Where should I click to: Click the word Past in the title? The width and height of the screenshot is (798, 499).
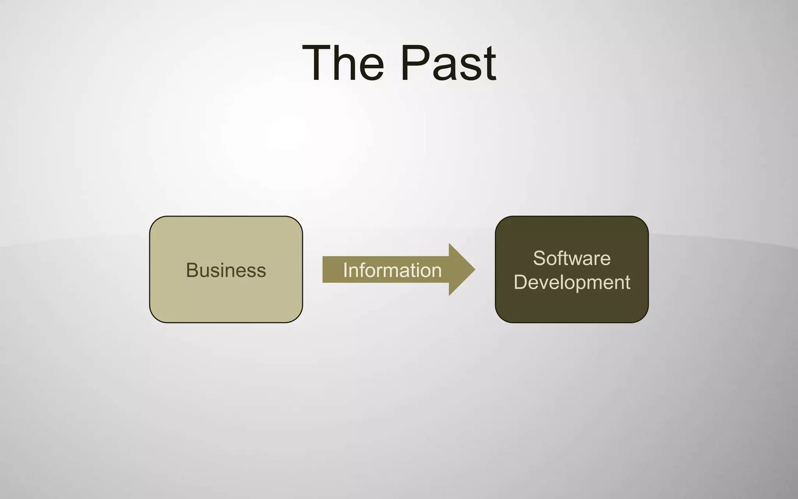(x=448, y=63)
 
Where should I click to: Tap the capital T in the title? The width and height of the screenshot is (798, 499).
(x=316, y=63)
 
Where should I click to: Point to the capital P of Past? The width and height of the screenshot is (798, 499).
(x=413, y=63)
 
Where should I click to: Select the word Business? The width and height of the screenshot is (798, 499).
(x=226, y=270)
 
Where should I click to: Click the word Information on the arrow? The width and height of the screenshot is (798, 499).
(x=392, y=270)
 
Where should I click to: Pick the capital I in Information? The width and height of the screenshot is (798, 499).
(x=345, y=270)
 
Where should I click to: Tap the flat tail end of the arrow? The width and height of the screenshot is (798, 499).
(x=323, y=269)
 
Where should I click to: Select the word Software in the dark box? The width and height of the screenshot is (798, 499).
(x=572, y=258)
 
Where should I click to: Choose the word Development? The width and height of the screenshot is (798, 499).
(x=572, y=282)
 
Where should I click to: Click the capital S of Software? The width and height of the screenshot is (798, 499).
(x=538, y=258)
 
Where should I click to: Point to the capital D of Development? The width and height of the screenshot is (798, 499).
(x=520, y=282)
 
